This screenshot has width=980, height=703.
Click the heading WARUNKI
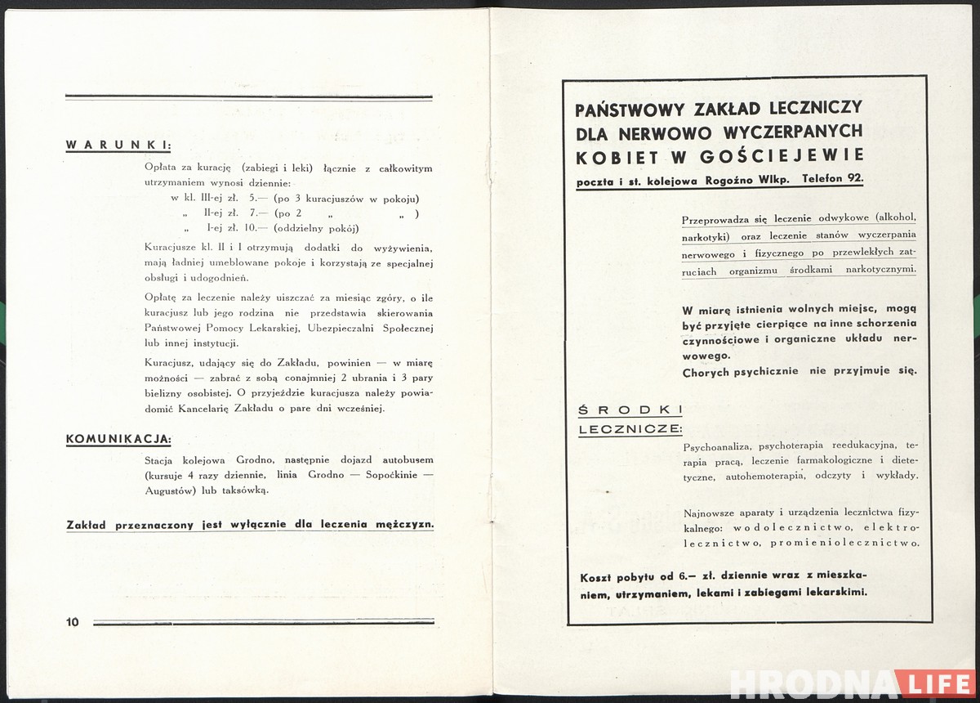[118, 146]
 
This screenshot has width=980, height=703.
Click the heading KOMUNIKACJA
[118, 439]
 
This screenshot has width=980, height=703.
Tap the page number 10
[73, 622]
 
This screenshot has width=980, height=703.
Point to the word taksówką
[244, 490]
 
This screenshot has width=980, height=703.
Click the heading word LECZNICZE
[630, 429]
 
